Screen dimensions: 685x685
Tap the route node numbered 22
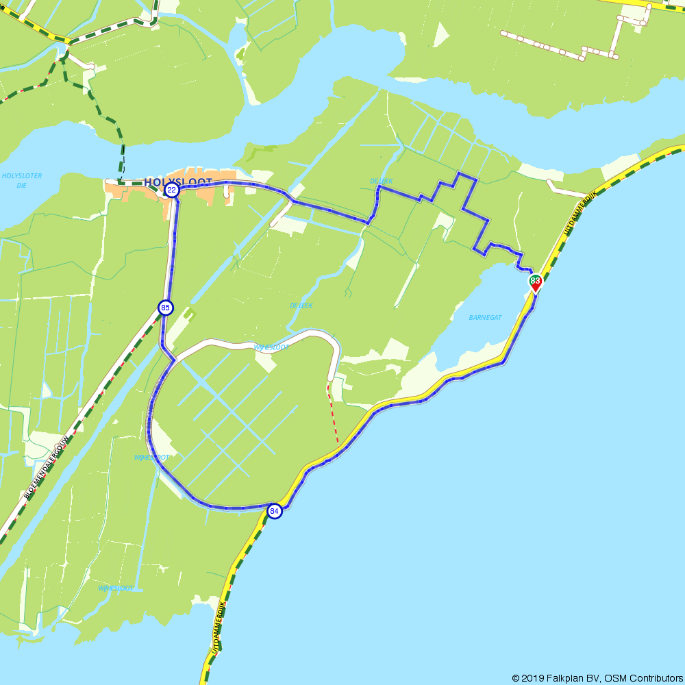click(x=172, y=190)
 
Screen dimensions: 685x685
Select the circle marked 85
click(x=165, y=308)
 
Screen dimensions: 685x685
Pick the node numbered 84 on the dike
click(x=274, y=511)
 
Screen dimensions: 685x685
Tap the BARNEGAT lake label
click(x=486, y=317)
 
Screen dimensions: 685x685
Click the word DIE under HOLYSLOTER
click(x=22, y=185)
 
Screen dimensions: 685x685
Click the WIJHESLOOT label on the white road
click(x=271, y=347)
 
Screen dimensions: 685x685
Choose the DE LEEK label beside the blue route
click(x=381, y=181)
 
